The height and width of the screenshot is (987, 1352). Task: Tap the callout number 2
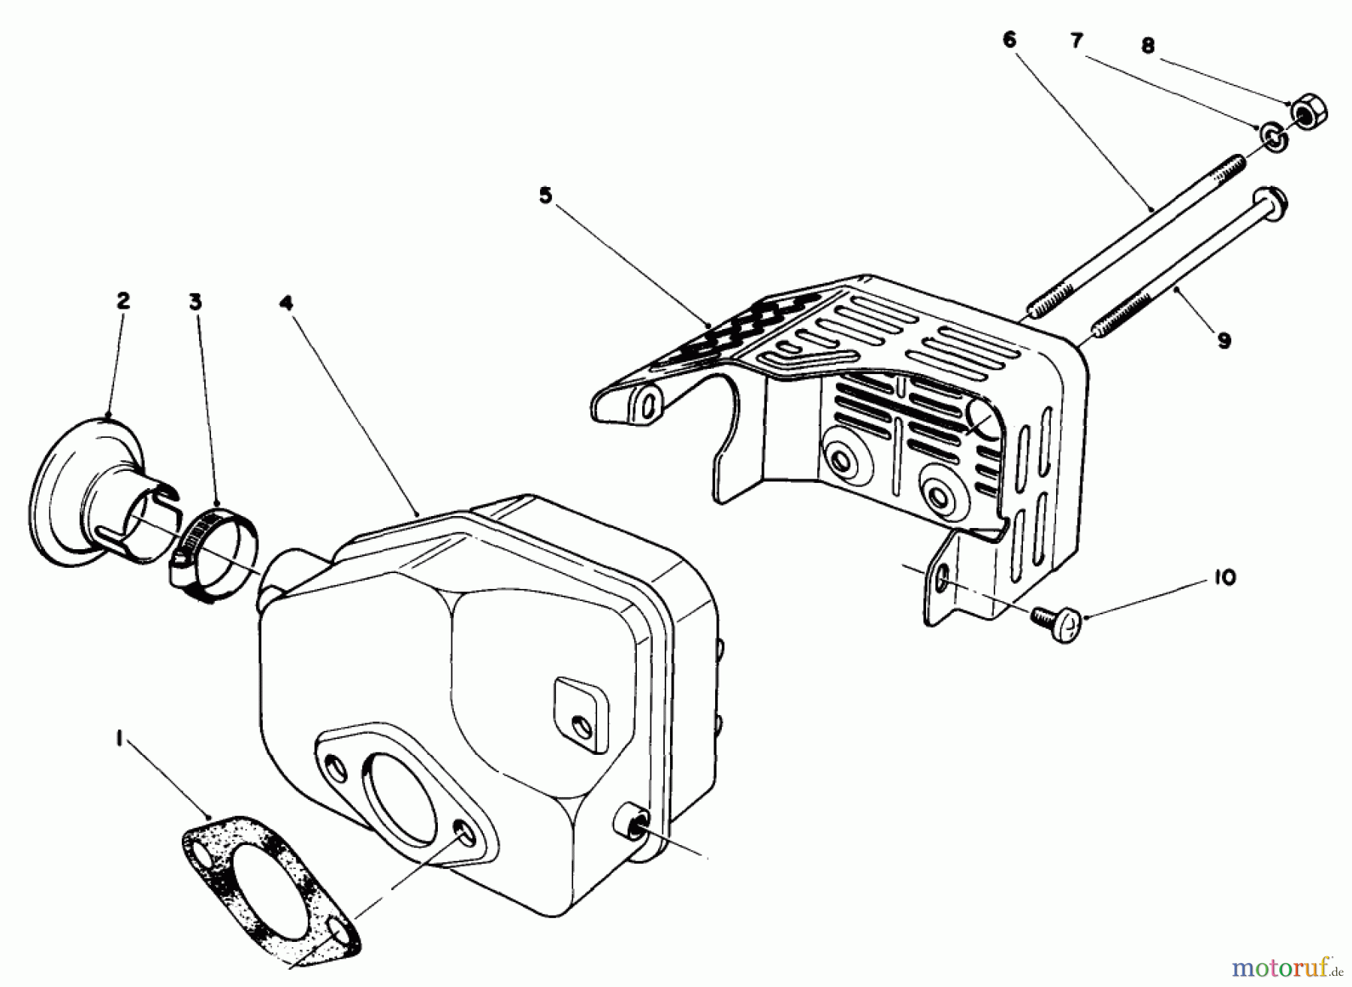[x=123, y=300]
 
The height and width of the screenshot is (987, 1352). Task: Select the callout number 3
[x=195, y=302]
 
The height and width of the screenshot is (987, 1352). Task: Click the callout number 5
[x=545, y=195]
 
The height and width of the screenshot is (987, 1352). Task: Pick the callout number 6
[x=1009, y=40]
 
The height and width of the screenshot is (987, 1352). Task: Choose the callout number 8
[x=1148, y=46]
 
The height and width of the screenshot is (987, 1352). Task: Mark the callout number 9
[x=1224, y=340]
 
